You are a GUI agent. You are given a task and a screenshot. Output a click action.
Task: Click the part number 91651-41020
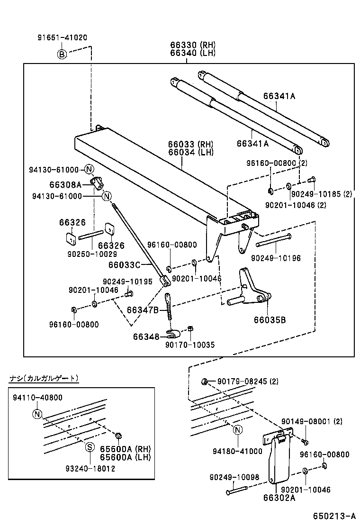pos(63,37)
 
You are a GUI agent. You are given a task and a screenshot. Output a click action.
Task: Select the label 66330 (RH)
pos(193,45)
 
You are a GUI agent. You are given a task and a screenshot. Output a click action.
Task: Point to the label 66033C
pos(125,264)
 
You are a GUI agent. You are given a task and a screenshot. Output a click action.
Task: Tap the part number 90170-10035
pos(189,345)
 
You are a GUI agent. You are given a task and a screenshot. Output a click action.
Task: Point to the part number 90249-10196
pos(276,258)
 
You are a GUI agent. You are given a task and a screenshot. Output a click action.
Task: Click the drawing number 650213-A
pos(333,516)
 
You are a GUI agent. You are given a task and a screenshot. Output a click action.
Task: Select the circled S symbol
pos(88,446)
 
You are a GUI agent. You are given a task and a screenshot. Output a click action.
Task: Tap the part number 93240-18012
pos(90,468)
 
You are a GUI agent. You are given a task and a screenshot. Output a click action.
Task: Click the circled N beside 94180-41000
pos(238,430)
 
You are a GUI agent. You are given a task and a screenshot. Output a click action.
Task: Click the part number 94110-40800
pos(38,398)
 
